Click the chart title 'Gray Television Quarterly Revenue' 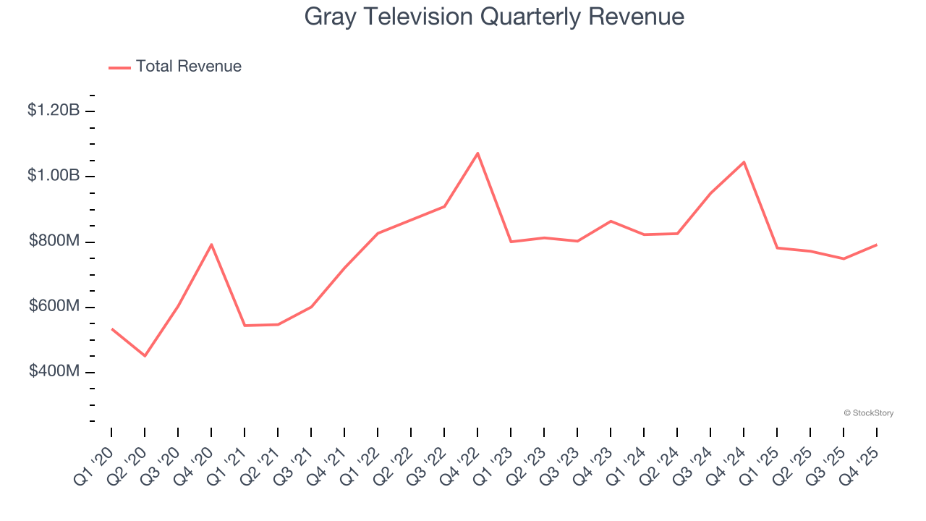pos(494,17)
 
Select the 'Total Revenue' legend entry pos(188,67)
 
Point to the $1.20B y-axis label pos(54,111)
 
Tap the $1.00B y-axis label pos(54,176)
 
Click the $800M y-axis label pos(54,241)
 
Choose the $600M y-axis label pos(54,307)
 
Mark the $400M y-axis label pos(54,372)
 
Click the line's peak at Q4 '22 pos(477,153)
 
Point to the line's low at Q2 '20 pos(145,355)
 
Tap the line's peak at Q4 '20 pos(211,245)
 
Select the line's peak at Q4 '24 pos(744,162)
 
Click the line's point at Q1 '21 pos(245,326)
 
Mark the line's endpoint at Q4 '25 pos(877,245)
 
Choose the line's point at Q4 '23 pos(611,221)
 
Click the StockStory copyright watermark pos(869,413)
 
